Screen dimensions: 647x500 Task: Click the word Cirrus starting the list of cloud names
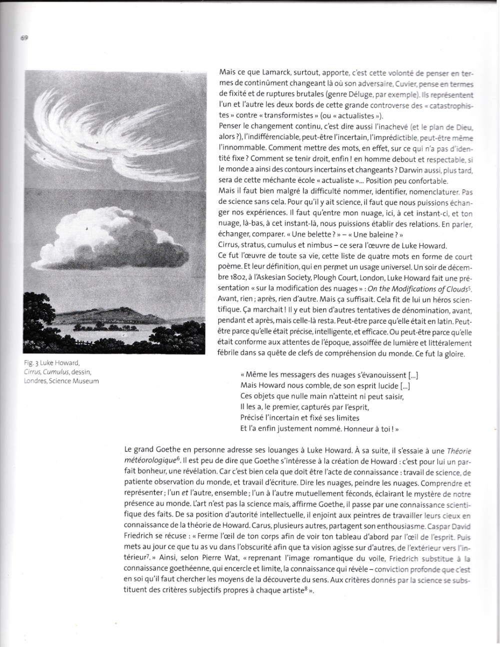(x=229, y=245)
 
